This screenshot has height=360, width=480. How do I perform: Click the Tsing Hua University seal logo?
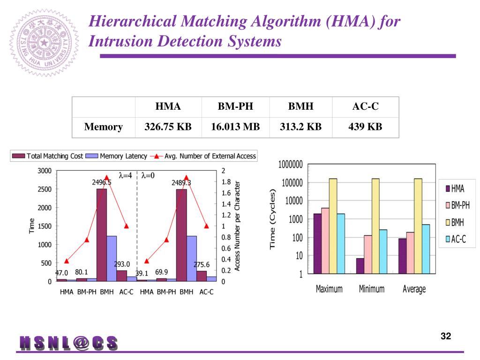[x=45, y=43]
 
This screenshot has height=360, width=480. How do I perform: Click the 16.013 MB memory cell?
[x=235, y=127]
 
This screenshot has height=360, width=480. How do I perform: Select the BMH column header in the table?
[x=300, y=106]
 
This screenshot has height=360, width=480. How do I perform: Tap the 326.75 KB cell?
[x=168, y=127]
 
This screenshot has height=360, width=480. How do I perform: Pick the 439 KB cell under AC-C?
[x=365, y=127]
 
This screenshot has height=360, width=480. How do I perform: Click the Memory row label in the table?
[x=103, y=127]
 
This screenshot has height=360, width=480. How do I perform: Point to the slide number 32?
[x=446, y=336]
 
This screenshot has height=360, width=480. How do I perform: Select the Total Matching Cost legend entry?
[x=48, y=156]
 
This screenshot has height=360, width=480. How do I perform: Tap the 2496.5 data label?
[x=101, y=182]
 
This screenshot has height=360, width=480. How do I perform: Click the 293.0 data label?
[x=122, y=264]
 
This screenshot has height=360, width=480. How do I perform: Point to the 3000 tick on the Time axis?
[x=44, y=171]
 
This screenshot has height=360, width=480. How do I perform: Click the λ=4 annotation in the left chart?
[x=125, y=176]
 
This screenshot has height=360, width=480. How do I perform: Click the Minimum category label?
[x=371, y=289]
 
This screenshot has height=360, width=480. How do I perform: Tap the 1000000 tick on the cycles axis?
[x=290, y=165]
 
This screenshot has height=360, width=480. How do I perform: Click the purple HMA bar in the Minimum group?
[x=360, y=266]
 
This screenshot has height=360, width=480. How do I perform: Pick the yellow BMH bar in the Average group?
[x=418, y=226]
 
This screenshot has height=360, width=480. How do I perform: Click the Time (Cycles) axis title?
[x=272, y=219]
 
